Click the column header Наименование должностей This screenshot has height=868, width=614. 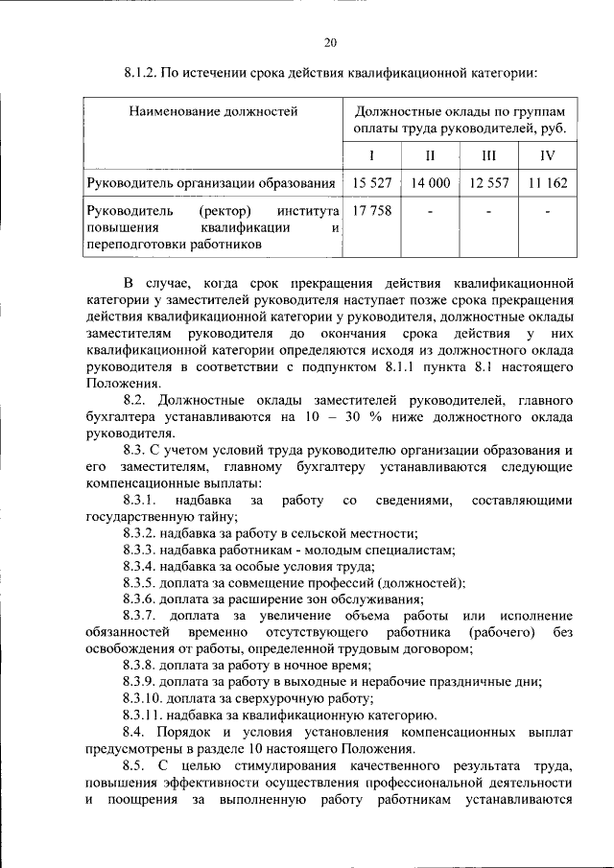[x=214, y=112]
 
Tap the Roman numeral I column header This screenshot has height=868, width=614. [x=372, y=155]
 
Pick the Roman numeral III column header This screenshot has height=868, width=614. [x=488, y=155]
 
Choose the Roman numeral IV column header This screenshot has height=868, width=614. [x=547, y=155]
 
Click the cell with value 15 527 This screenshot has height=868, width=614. [x=372, y=182]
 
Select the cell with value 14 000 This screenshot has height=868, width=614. [x=430, y=182]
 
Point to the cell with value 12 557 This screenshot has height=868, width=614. [x=488, y=182]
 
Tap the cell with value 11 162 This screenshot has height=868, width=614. [x=547, y=182]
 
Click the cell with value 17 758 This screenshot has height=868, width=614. [x=372, y=211]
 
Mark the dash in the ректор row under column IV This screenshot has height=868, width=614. [x=547, y=211]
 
